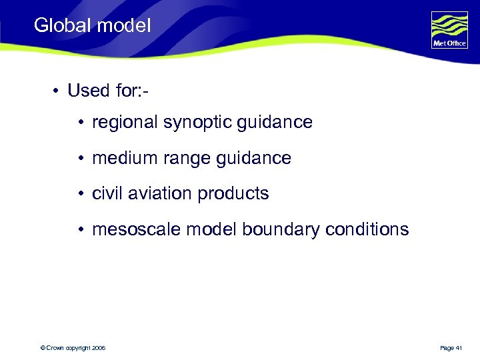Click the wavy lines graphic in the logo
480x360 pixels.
[x=449, y=25]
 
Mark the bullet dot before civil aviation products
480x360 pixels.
[x=79, y=194]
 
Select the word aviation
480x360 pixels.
[x=153, y=194]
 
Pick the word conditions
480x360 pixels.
[x=367, y=230]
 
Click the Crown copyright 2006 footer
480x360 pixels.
[x=73, y=348]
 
